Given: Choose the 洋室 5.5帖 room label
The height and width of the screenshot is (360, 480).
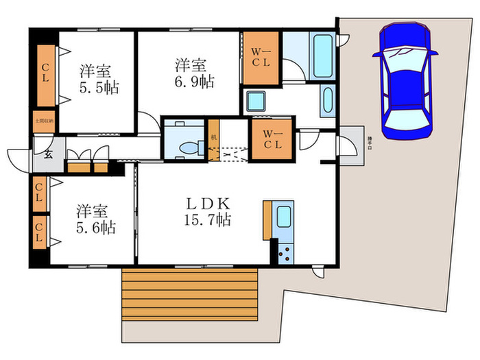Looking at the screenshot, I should pyautogui.click(x=95, y=79).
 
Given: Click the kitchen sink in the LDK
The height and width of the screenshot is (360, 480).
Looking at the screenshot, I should pyautogui.click(x=283, y=217).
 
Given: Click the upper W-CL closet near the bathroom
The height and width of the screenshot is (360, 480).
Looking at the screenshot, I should pyautogui.click(x=261, y=58).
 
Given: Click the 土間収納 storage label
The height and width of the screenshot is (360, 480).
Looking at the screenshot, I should pyautogui.click(x=44, y=121).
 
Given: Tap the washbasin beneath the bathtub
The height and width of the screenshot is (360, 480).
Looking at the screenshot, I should pyautogui.click(x=326, y=101).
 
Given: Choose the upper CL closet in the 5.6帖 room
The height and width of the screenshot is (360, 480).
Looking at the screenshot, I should pyautogui.click(x=39, y=194).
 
